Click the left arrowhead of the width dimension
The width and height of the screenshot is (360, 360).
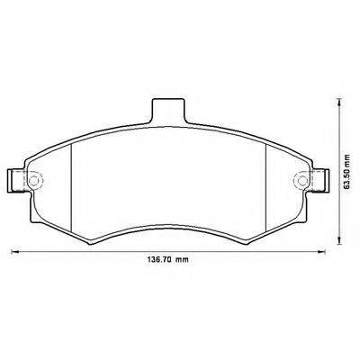pyautogui.click(x=14, y=251)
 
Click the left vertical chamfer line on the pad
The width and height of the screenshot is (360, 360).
pyautogui.click(x=71, y=185)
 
